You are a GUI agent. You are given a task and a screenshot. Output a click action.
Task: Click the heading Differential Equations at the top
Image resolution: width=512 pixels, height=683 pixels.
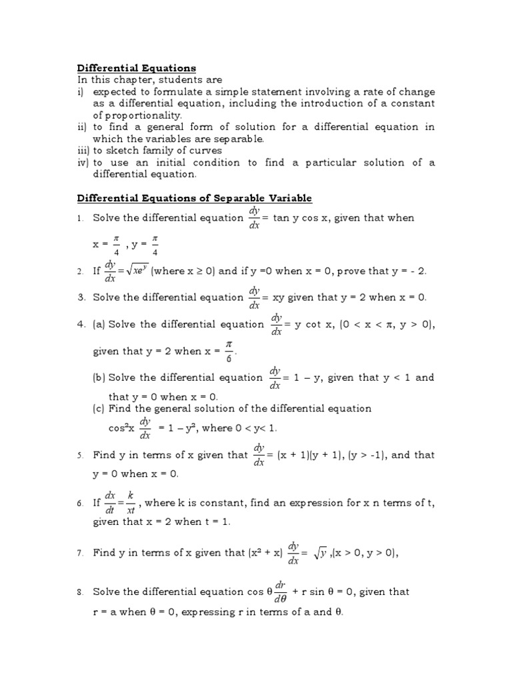coord(137,68)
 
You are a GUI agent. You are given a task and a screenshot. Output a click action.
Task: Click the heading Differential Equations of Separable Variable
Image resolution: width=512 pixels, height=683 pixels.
coord(195,198)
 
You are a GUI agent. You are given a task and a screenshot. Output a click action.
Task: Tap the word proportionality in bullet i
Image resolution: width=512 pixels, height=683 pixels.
coord(137,115)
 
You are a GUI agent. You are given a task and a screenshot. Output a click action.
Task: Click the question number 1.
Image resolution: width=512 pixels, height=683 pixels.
coord(79,218)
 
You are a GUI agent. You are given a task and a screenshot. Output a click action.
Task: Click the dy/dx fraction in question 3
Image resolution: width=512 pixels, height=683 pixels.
coord(254,297)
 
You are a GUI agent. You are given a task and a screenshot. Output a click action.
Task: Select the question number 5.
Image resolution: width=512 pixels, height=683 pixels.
coord(79,456)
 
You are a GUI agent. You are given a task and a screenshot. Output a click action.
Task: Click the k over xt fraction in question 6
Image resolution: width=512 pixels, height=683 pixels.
coord(131,503)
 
